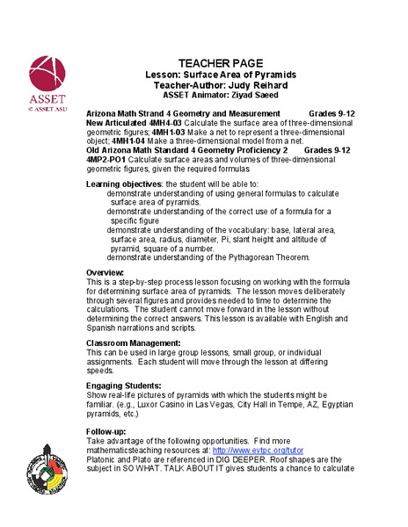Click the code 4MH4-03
point(175,124)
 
